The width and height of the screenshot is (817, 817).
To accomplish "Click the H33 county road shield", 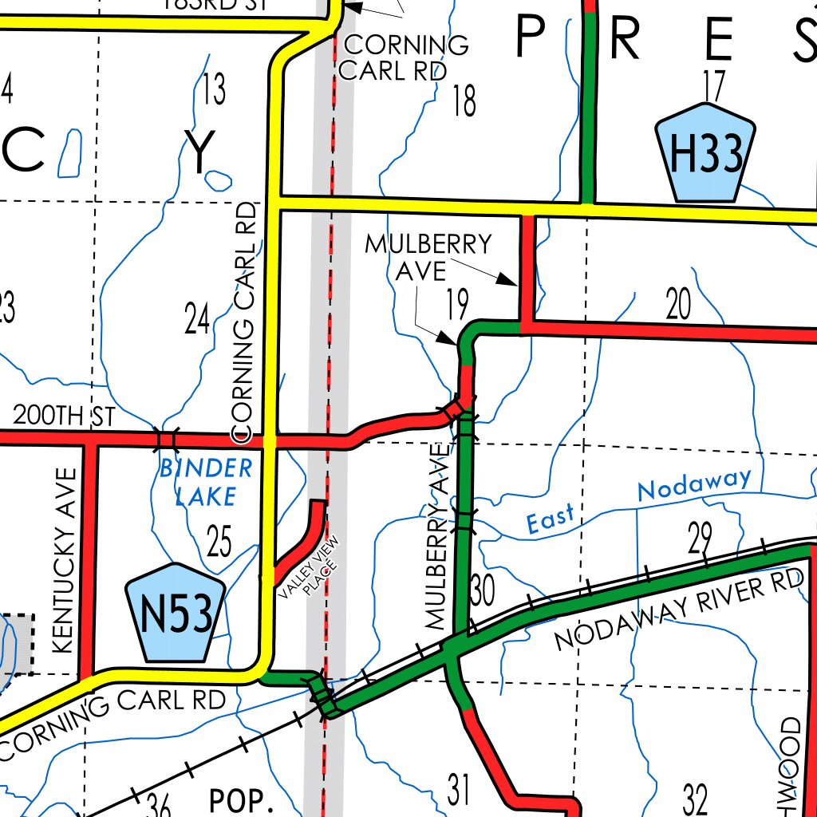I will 705,153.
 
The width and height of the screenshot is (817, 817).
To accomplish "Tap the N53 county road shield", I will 176,614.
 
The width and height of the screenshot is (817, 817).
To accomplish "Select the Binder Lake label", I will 206,482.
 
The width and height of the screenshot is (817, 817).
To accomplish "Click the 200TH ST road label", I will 65,416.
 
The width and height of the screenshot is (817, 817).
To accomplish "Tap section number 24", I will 197,319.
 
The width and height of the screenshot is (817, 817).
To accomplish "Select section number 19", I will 457,303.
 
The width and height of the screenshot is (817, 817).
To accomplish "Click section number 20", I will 678,305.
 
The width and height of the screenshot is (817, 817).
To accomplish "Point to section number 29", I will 699,540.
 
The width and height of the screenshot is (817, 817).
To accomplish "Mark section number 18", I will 464,101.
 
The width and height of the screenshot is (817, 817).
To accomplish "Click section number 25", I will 219,543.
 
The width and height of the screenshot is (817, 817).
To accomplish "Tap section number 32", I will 696,798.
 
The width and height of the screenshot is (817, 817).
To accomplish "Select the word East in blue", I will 550,520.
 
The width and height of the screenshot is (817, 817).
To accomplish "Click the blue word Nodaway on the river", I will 693,484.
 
